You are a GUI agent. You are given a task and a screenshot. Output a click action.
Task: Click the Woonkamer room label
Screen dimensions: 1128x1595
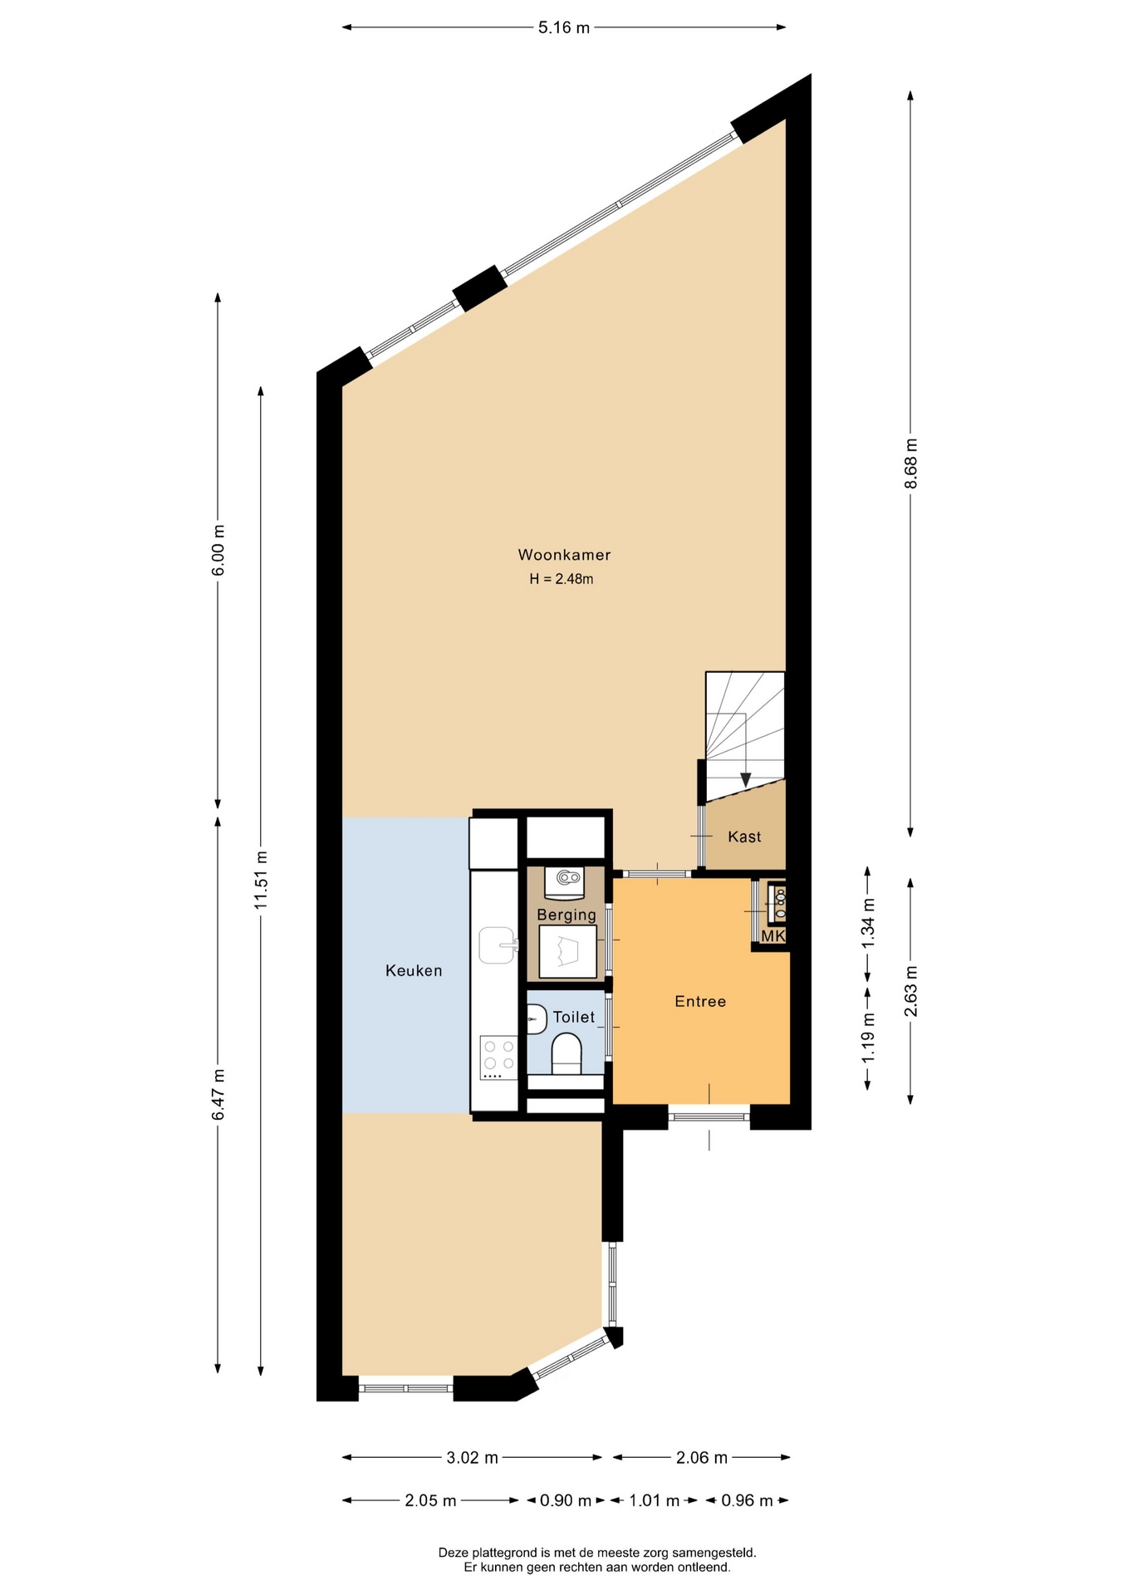click(x=564, y=555)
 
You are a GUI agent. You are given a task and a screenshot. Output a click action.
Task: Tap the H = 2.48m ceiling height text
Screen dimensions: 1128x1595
click(x=562, y=579)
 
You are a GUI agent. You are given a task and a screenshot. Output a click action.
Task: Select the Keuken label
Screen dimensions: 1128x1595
click(x=414, y=970)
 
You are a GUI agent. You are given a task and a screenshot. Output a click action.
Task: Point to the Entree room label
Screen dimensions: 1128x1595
click(x=700, y=1002)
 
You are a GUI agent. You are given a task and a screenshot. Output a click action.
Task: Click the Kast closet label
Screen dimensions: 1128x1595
click(x=744, y=837)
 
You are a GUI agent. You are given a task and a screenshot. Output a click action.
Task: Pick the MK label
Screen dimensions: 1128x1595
click(x=773, y=936)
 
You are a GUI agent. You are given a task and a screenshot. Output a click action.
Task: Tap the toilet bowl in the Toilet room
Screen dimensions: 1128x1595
click(x=566, y=1053)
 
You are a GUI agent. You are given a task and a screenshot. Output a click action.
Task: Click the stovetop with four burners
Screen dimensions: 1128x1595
click(x=498, y=1058)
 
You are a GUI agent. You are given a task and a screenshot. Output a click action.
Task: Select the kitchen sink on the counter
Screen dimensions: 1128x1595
click(x=498, y=945)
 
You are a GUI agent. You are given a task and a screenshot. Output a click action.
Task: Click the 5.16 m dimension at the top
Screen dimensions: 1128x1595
click(x=564, y=27)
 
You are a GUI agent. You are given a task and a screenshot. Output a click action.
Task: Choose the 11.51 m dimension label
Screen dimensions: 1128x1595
click(x=261, y=879)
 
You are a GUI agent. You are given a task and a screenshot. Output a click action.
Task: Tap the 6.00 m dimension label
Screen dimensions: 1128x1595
click(x=218, y=550)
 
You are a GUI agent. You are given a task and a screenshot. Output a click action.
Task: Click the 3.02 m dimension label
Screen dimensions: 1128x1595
click(x=473, y=1457)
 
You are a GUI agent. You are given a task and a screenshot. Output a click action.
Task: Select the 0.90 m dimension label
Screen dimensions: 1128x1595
click(x=566, y=1500)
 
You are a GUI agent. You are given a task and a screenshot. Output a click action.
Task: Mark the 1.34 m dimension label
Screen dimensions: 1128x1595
click(x=868, y=923)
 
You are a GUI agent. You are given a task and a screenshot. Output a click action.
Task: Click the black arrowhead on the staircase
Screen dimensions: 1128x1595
click(x=746, y=780)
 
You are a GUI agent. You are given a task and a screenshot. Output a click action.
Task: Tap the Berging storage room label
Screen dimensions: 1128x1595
click(x=566, y=915)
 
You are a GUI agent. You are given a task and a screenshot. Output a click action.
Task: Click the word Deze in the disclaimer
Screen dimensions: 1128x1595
click(x=453, y=1552)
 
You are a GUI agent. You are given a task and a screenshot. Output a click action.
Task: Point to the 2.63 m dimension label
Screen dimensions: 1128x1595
click(x=911, y=991)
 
